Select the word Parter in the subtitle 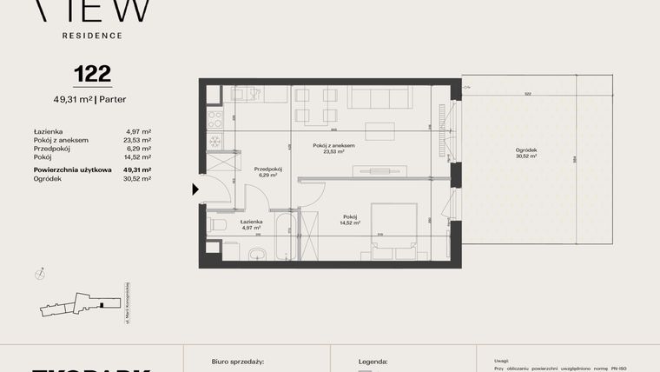(112, 99)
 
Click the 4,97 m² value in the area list (138, 131)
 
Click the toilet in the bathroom (218, 224)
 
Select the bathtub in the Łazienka (283, 235)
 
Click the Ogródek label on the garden (525, 150)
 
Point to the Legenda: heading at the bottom (373, 360)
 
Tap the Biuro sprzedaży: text (237, 360)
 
